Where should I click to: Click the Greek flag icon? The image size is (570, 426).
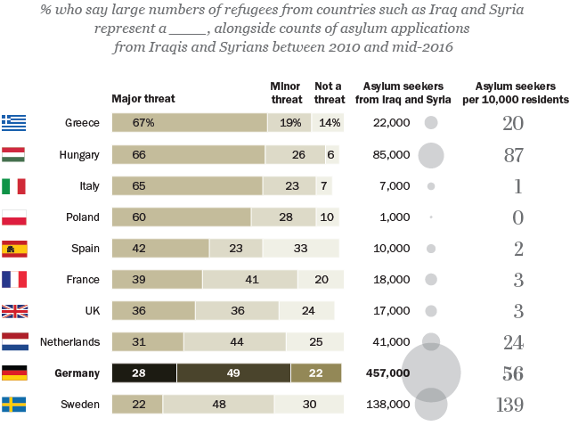point(13,123)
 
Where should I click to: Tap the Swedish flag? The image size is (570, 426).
point(13,405)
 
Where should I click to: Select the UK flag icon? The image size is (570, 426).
point(13,311)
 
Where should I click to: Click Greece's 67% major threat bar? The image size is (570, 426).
point(189,123)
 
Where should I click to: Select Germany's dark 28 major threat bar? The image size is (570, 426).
point(143,373)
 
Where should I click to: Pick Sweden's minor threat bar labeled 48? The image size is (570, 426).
point(218,405)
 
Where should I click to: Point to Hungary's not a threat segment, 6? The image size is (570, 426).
point(331,155)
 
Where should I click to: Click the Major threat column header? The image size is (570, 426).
point(143,99)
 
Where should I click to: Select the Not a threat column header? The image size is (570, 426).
point(329,93)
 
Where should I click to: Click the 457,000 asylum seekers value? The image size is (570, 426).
point(388,373)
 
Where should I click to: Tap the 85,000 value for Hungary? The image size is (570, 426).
point(391,155)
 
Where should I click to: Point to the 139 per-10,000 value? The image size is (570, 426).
point(509,405)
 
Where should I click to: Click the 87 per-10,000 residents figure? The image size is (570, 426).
point(513,155)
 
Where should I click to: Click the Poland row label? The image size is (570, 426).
point(82,217)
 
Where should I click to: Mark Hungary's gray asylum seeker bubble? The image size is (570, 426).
point(431,155)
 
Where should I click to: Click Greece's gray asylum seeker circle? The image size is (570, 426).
point(431,123)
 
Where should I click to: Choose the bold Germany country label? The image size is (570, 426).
point(77,373)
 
